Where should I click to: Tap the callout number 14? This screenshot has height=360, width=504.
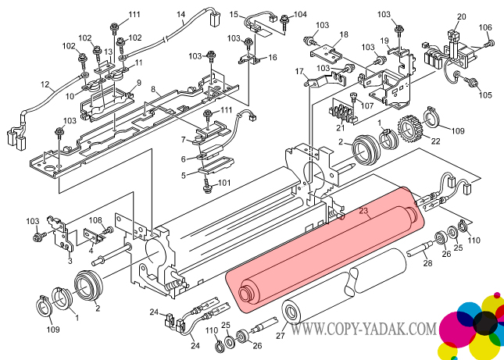point(181,14)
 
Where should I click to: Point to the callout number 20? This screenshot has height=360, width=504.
point(461,17)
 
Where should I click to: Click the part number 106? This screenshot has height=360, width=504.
point(485,28)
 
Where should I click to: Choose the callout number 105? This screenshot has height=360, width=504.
point(485,95)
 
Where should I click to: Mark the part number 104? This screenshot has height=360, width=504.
point(301,16)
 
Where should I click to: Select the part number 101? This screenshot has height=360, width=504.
point(225,184)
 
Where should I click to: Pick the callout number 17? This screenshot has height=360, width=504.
point(299,72)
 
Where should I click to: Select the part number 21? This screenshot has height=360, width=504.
point(340,127)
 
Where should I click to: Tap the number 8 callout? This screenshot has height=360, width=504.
point(154,91)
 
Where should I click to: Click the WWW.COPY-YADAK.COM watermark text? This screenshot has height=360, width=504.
point(363,330)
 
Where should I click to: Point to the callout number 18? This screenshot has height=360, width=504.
point(341,35)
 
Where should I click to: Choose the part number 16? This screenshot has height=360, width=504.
point(272,57)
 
